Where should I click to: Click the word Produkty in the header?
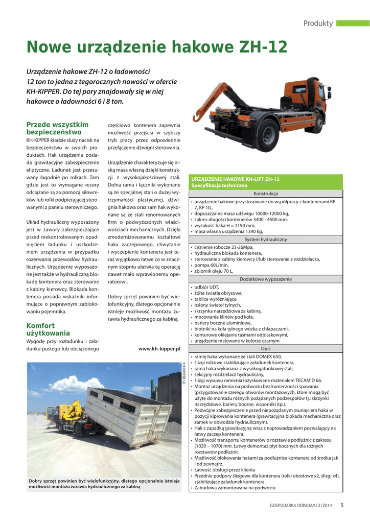click(x=318, y=23)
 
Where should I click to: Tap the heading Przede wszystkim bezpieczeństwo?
click(x=57, y=128)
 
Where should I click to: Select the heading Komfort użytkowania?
click(x=48, y=329)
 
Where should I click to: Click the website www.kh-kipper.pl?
click(x=159, y=349)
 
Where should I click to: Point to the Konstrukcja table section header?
click(x=265, y=194)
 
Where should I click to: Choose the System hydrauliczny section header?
click(x=265, y=239)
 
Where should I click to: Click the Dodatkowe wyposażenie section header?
click(x=265, y=279)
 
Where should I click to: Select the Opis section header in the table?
click(x=265, y=348)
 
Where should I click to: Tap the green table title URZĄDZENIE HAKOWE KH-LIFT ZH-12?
click(x=236, y=179)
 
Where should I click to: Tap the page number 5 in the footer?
click(x=342, y=506)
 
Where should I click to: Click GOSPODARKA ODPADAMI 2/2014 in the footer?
click(x=301, y=506)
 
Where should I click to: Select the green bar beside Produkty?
click(x=353, y=23)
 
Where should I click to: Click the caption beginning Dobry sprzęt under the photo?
click(x=104, y=483)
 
